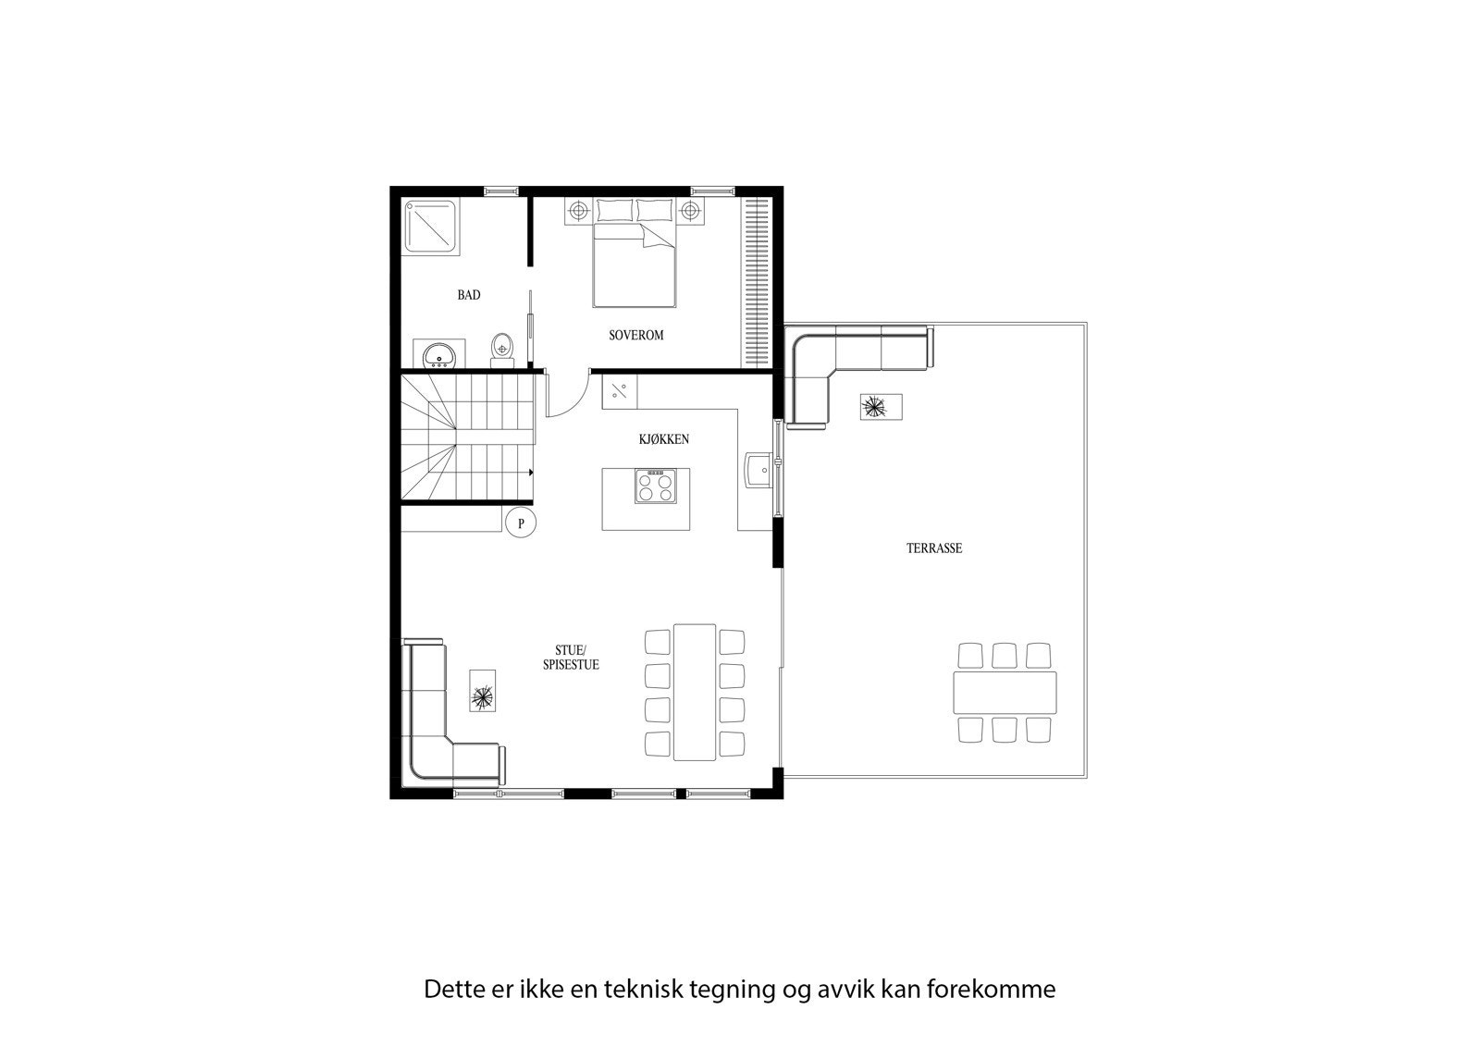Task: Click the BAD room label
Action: [x=469, y=295]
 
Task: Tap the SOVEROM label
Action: [x=635, y=335]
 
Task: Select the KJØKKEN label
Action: [x=663, y=439]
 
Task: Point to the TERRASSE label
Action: [x=933, y=548]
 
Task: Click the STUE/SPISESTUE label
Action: [x=570, y=658]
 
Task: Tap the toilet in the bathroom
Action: [x=501, y=347]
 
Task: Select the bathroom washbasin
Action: [x=439, y=354]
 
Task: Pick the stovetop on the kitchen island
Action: [x=655, y=486]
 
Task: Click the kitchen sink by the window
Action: [x=758, y=469]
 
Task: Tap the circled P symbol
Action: [x=521, y=523]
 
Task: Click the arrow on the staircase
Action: [x=531, y=472]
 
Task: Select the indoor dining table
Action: [x=695, y=692]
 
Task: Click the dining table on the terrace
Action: [x=1005, y=693]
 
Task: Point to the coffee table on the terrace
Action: [x=881, y=407]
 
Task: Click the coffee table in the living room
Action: [x=482, y=692]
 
